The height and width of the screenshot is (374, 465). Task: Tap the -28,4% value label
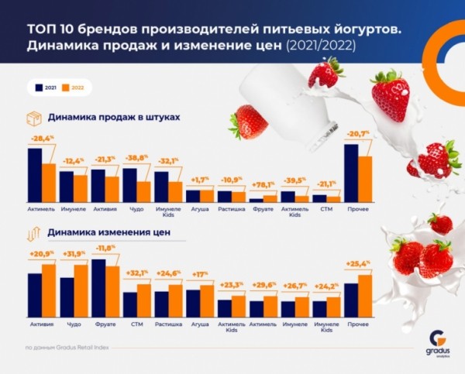tap(42, 139)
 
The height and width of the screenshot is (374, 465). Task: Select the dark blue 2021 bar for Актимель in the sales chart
tap(34, 175)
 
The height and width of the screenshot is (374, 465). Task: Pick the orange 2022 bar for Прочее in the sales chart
tap(365, 179)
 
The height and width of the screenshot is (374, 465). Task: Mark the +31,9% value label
tap(74, 254)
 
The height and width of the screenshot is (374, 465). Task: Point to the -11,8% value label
tap(105, 248)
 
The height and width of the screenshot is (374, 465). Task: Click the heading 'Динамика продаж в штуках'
tap(114, 117)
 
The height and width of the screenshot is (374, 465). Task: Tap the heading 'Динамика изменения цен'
tap(108, 231)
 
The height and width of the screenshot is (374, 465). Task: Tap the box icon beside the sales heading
tap(33, 118)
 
